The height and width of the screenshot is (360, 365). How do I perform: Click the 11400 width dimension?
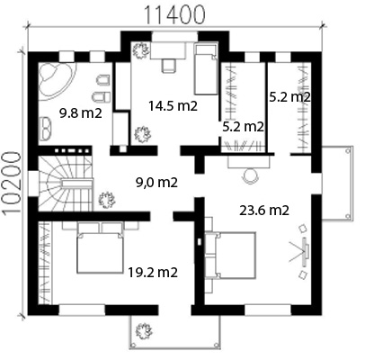point(175,14)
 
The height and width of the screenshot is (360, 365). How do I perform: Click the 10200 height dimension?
point(13,184)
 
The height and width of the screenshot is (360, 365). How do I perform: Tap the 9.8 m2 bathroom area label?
point(81,113)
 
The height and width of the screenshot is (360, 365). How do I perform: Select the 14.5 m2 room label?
point(174,106)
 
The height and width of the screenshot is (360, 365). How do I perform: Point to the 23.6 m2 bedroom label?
point(264,211)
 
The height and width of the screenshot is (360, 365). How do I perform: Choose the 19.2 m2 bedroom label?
point(153,273)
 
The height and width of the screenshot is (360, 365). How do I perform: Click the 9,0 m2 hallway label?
point(156,183)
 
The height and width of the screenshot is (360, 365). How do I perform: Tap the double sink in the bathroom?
point(45,128)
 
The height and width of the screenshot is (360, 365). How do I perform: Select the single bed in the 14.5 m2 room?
point(206,69)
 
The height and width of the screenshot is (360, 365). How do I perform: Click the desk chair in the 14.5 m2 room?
point(168,66)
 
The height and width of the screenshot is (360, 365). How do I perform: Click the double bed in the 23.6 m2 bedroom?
point(230,256)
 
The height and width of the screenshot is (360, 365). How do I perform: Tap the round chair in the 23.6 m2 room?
point(250,175)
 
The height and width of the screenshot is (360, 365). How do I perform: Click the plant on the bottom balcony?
point(143,331)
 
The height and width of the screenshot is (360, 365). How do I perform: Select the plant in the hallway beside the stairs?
point(107,200)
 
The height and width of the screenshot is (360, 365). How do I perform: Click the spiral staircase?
point(65,184)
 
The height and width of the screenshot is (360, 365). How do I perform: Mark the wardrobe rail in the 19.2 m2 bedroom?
point(45,262)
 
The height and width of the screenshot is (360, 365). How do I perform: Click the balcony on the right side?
point(337,184)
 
